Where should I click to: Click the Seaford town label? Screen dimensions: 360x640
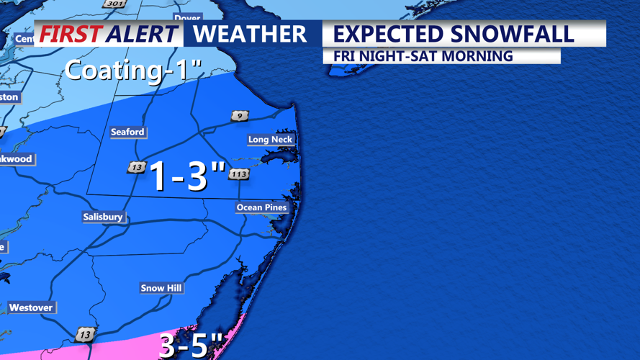[127, 132]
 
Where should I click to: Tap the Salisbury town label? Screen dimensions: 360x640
[103, 217]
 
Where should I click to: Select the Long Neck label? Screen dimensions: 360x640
[270, 140]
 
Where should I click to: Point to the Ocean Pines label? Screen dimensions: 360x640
[261, 207]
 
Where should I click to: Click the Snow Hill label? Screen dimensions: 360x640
[161, 288]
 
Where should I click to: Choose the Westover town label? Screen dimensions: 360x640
[31, 307]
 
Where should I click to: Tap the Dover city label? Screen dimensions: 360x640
[187, 18]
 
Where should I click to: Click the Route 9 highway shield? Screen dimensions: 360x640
[240, 116]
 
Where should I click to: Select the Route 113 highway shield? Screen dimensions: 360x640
[239, 174]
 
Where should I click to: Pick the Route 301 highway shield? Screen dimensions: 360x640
[114, 4]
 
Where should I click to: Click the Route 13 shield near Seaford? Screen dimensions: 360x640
[136, 167]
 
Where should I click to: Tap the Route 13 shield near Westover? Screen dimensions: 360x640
[85, 335]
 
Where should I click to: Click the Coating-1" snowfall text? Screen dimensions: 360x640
[133, 71]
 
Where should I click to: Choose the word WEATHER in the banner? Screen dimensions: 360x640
[250, 34]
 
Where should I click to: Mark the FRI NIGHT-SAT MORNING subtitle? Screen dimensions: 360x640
[423, 55]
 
